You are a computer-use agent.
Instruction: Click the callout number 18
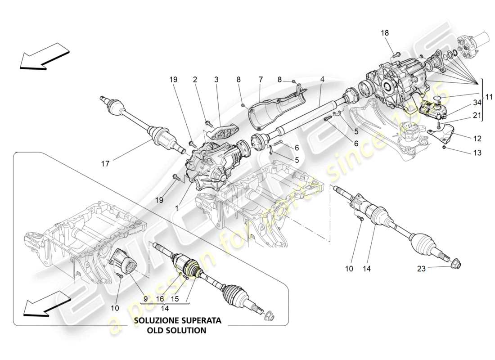[385, 33]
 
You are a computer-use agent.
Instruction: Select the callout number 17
[105, 164]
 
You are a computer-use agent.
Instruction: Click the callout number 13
[477, 153]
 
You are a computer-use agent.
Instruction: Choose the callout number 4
[322, 80]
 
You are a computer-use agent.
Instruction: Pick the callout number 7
[260, 80]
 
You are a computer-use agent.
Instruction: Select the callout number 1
[176, 209]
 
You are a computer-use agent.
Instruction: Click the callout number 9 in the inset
[145, 298]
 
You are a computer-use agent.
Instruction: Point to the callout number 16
[161, 298]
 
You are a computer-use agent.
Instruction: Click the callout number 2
[195, 80]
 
